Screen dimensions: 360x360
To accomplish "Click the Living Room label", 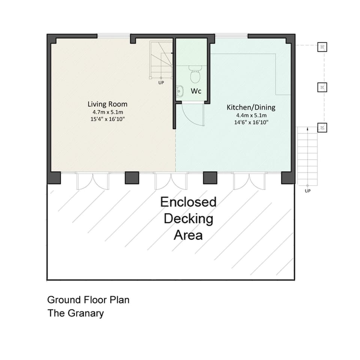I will pyautogui.click(x=107, y=104).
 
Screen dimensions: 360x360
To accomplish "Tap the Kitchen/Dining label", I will pyautogui.click(x=251, y=107).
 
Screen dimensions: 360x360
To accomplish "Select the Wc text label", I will pyautogui.click(x=196, y=91).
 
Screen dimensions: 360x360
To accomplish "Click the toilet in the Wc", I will pyautogui.click(x=195, y=75).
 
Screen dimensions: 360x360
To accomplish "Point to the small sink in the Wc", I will pyautogui.click(x=180, y=90).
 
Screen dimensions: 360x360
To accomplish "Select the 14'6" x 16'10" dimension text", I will pyautogui.click(x=251, y=122).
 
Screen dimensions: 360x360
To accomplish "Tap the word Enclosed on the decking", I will pyautogui.click(x=188, y=202).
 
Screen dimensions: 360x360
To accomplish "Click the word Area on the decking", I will pyautogui.click(x=188, y=235).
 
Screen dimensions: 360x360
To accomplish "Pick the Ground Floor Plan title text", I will pyautogui.click(x=88, y=300).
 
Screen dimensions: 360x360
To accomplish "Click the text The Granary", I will pyautogui.click(x=75, y=313).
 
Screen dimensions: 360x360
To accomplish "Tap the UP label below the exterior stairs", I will pyautogui.click(x=308, y=191).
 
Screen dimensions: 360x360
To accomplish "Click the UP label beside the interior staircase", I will pyautogui.click(x=161, y=82).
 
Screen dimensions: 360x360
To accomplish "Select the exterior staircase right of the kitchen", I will pyautogui.click(x=307, y=155).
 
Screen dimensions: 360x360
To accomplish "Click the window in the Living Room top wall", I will pyautogui.click(x=114, y=36).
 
